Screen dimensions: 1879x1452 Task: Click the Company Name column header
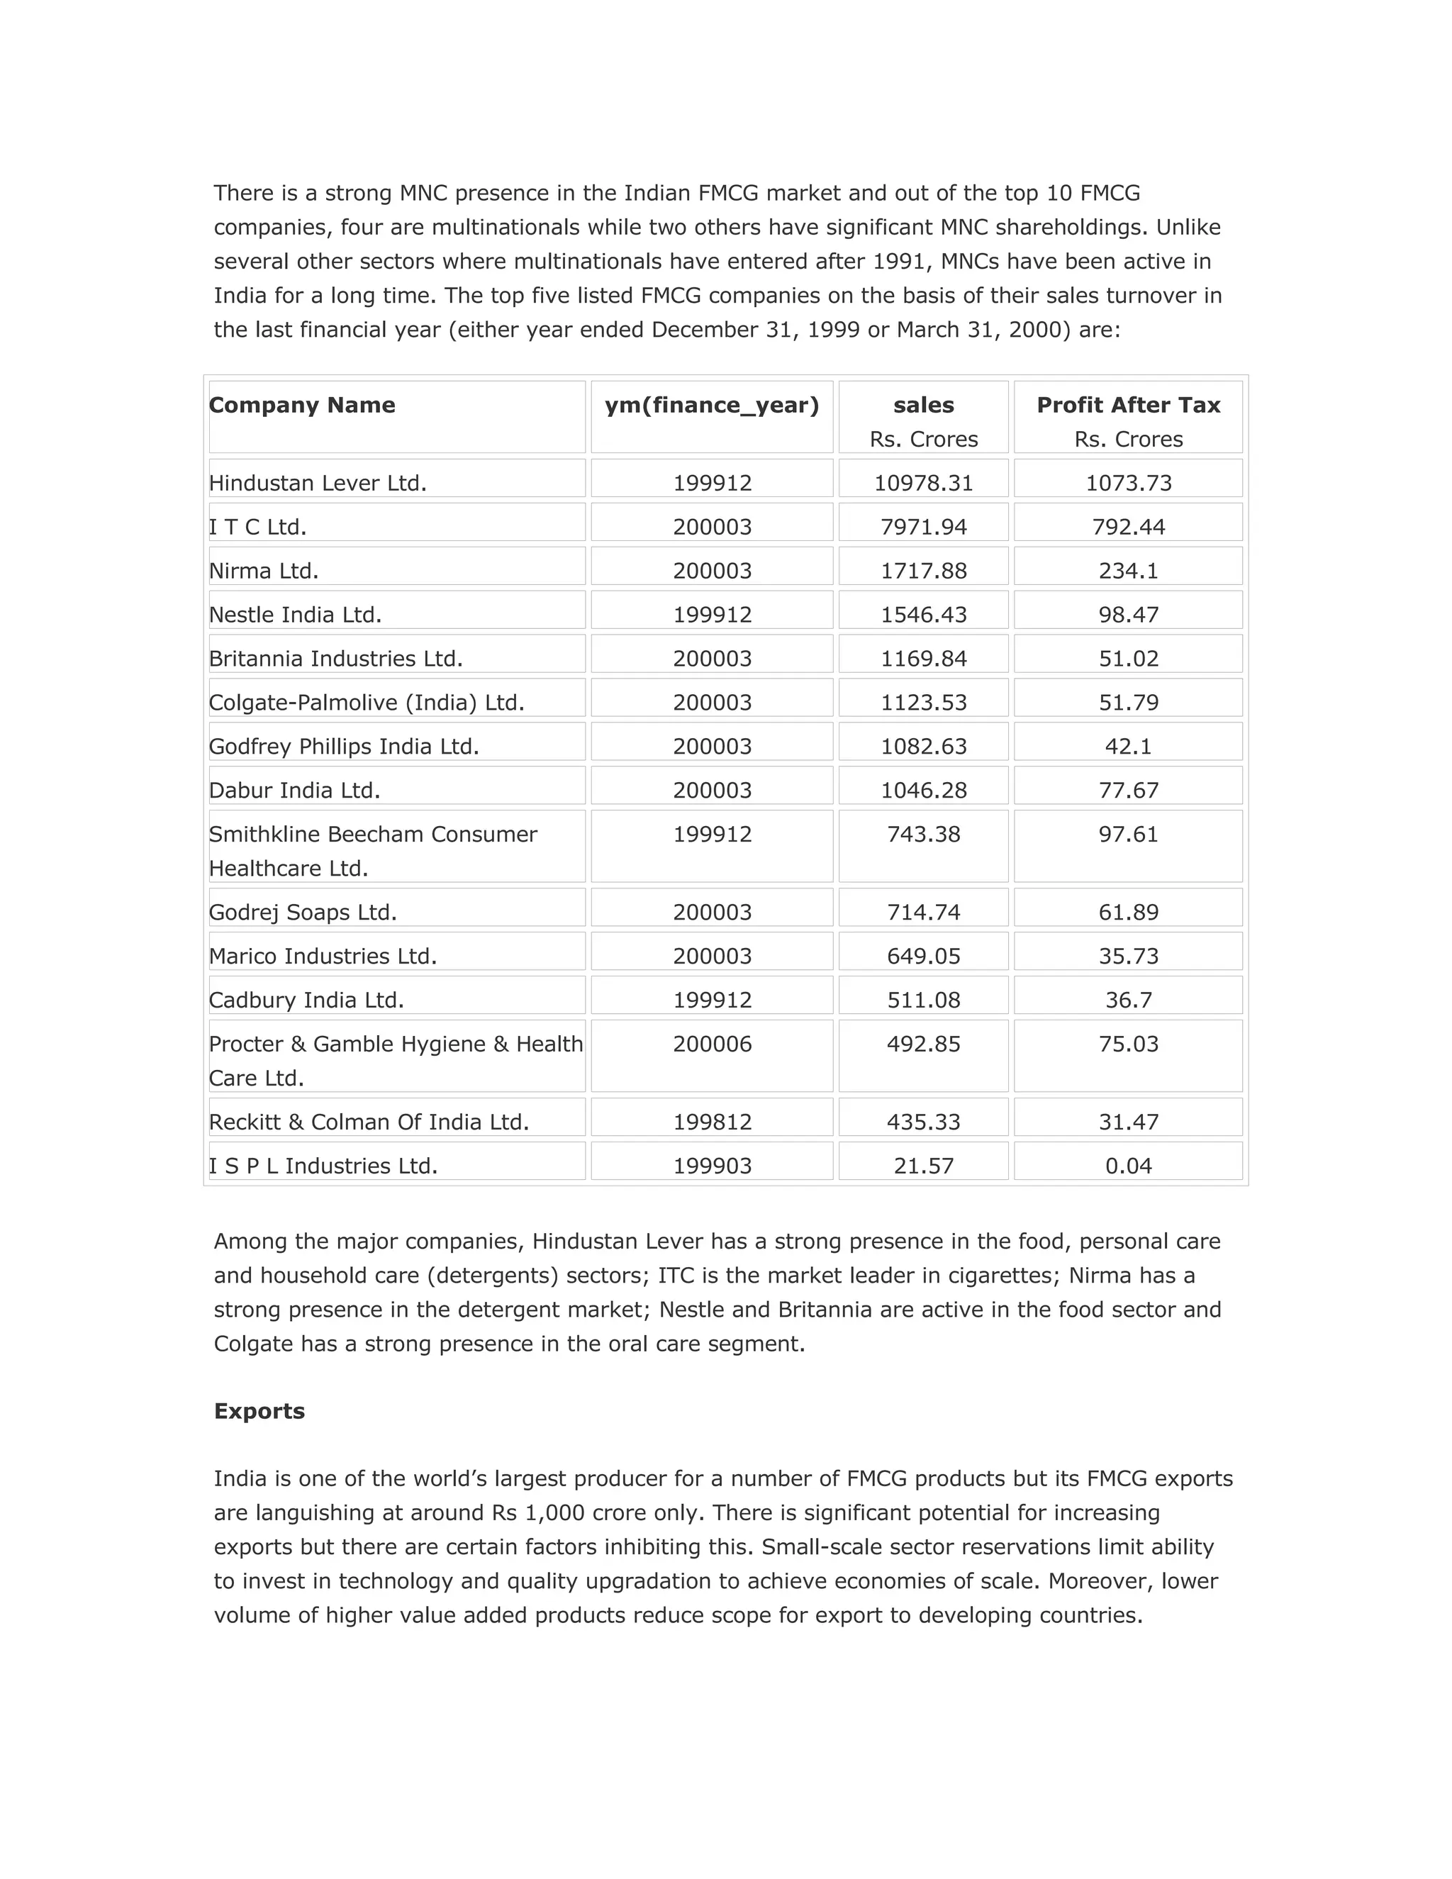[302, 405]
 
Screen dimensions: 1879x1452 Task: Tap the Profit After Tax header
[1128, 405]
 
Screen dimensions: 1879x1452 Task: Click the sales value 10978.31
[923, 483]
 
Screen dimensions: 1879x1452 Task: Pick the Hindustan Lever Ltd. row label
[318, 483]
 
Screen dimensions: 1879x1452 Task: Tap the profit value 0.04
[1128, 1166]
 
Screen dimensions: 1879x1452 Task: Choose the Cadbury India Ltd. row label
[306, 1000]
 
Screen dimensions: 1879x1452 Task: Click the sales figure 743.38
[923, 834]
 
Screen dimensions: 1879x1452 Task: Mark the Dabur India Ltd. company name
[294, 790]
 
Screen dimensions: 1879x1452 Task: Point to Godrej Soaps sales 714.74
[923, 912]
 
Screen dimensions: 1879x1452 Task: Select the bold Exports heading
[259, 1411]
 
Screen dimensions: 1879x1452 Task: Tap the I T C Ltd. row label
[257, 527]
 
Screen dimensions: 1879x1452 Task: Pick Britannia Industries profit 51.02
[1128, 658]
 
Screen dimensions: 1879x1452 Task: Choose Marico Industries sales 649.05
[923, 956]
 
